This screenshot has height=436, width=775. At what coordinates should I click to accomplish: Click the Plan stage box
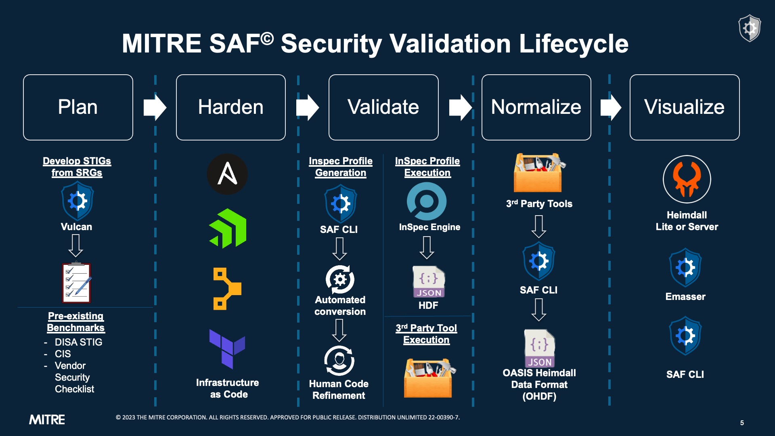coord(78,107)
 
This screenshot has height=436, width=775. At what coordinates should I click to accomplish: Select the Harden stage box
coord(230,107)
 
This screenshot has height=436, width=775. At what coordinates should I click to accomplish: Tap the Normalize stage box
coord(536,107)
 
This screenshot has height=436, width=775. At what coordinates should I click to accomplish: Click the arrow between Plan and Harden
coord(155,107)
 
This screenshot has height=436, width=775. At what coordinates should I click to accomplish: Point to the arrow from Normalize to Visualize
coord(611,107)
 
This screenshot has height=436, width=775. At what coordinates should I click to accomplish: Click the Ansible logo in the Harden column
coord(227,174)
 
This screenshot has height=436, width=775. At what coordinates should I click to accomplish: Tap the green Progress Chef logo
coord(228,228)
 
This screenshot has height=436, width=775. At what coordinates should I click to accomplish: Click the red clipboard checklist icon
coord(76,283)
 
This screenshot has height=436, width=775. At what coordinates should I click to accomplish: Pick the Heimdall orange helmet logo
coord(687,179)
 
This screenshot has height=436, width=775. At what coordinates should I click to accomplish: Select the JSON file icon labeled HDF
coord(428,282)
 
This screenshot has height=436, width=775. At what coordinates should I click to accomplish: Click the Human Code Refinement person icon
coord(339,361)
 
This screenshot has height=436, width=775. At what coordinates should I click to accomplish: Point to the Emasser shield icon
coord(685,268)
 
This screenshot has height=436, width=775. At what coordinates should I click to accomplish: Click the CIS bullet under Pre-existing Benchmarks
coord(63,354)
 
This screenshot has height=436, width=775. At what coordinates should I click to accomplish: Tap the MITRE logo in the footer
coord(47,420)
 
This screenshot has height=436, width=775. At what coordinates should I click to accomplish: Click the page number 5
coord(742,423)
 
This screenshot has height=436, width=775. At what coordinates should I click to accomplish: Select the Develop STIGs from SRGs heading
coord(77,167)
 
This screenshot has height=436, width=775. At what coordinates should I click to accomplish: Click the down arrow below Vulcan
coord(75,245)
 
